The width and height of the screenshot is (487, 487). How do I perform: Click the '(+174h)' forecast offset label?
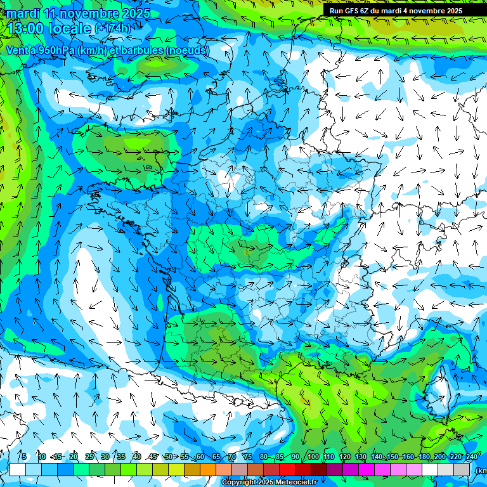pyautogui.click(x=113, y=29)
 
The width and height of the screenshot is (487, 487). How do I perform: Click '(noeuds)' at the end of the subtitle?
pyautogui.click(x=188, y=50)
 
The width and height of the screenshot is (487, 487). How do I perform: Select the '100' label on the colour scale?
pyautogui.click(x=313, y=457)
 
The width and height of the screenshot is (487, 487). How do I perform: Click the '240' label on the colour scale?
pyautogui.click(x=472, y=457)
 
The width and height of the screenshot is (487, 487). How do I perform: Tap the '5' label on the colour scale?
pyautogui.click(x=24, y=457)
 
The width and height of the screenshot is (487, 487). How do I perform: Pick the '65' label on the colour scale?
pyautogui.click(x=216, y=457)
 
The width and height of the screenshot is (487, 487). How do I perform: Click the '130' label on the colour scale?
pyautogui.click(x=361, y=457)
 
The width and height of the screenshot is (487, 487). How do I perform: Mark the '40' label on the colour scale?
pyautogui.click(x=137, y=457)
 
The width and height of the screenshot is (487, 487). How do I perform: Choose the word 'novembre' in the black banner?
pyautogui.click(x=428, y=11)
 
